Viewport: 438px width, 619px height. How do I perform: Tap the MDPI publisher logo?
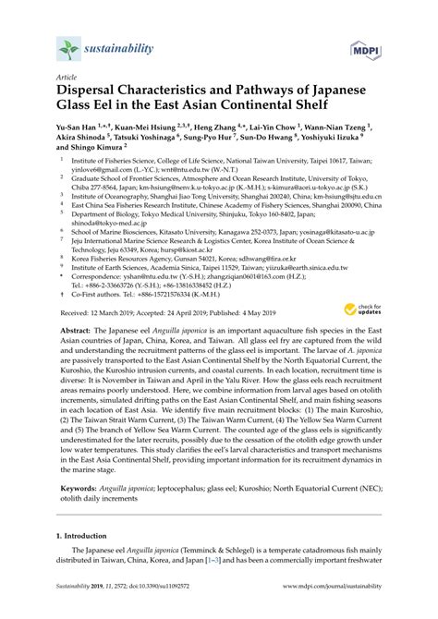(366, 48)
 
